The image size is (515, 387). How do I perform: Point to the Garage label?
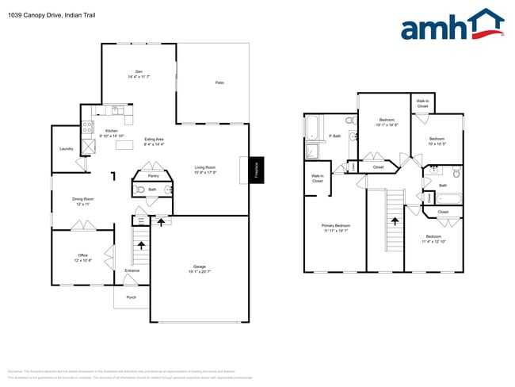[200, 267]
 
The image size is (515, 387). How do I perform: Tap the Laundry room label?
[67, 149]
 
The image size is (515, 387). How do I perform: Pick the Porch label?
[132, 297]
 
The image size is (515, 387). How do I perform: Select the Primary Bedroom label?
[336, 228]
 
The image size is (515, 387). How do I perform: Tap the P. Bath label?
[335, 136]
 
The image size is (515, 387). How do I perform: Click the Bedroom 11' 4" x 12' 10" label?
[433, 238]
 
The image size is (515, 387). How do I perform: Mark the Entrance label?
[132, 271]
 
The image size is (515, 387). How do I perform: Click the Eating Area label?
[154, 141]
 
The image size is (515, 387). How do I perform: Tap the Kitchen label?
[112, 132]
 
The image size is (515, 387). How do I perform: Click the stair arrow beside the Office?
[142, 247]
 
